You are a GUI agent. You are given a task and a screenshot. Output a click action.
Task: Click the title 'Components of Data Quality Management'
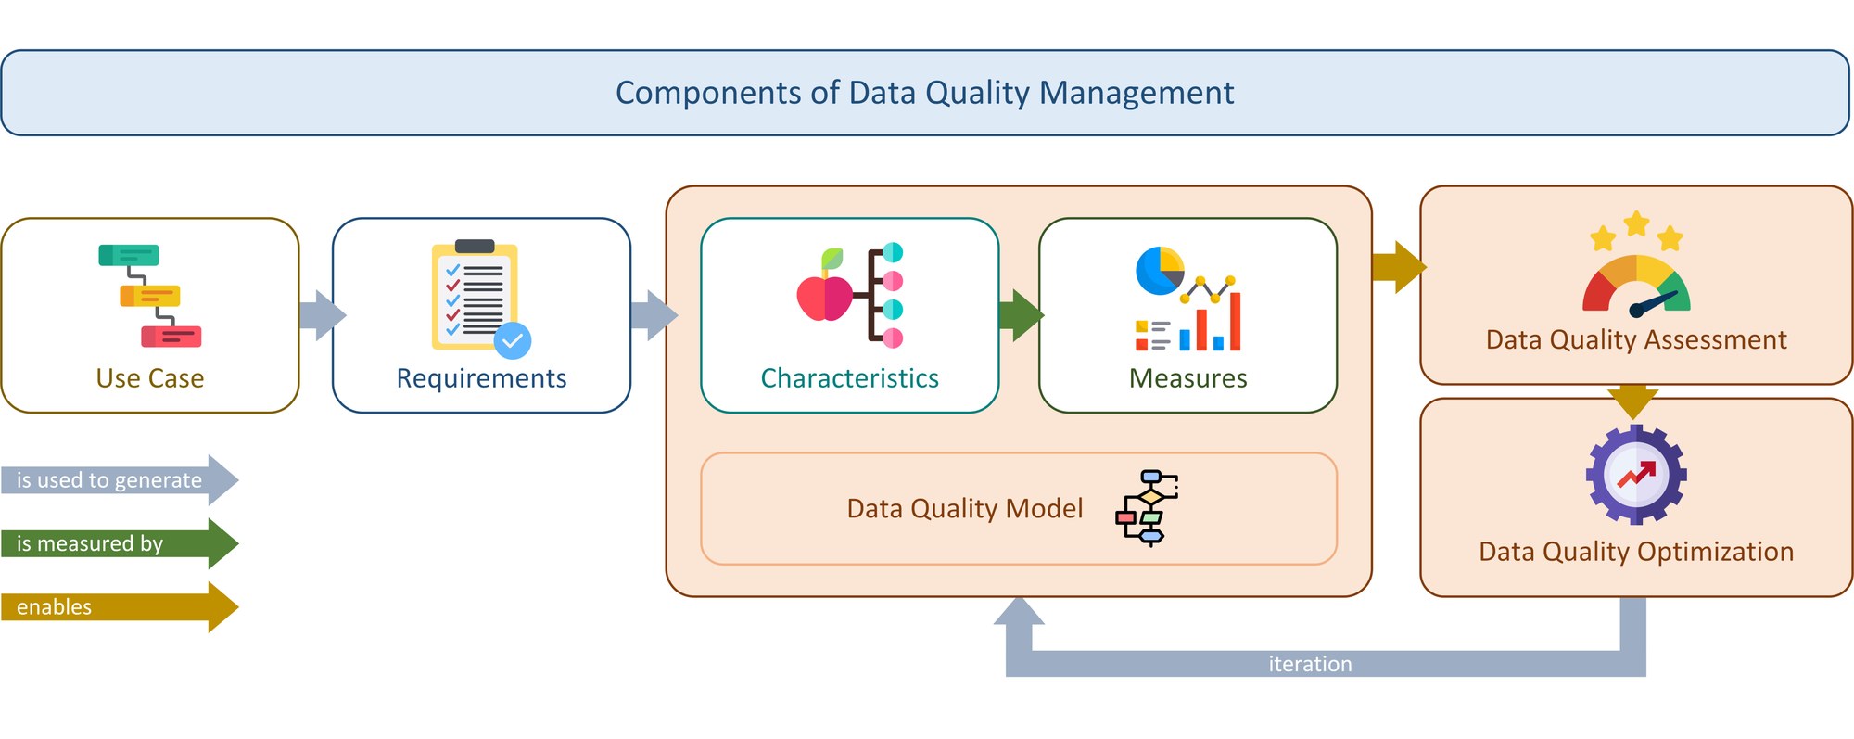coord(924,93)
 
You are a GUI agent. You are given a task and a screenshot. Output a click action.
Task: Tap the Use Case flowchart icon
coord(150,296)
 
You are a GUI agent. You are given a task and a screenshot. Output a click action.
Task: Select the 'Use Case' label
coord(150,378)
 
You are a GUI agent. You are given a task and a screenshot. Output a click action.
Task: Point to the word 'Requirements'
coord(481,378)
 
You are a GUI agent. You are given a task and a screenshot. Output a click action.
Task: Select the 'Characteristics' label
coord(849,378)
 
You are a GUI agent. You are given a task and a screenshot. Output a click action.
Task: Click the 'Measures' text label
coord(1187,378)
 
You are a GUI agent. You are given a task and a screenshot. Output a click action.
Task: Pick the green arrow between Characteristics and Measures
coord(1020,315)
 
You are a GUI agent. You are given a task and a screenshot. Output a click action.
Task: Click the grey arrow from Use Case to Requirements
coord(321,315)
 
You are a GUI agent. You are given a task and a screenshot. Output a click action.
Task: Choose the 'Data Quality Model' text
coord(964,508)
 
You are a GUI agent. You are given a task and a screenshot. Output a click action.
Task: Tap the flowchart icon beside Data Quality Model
coord(1147,507)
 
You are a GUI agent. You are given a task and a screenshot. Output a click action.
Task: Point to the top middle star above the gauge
coord(1637,223)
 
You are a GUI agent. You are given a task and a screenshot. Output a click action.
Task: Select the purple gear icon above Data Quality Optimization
coord(1636,475)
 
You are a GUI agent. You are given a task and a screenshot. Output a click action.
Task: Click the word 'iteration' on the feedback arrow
coord(1310,664)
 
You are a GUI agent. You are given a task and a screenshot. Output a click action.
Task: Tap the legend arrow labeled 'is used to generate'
coord(119,480)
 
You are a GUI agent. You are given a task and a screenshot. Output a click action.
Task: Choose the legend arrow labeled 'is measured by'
coord(119,543)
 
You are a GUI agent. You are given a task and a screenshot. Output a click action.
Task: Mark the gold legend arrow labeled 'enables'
coord(119,607)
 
